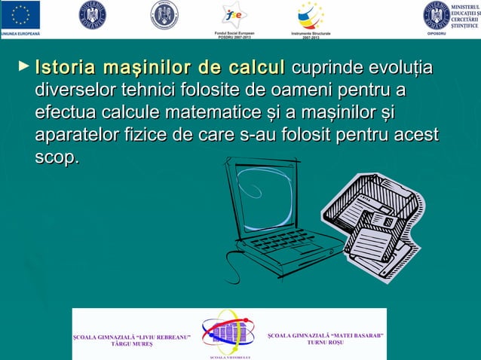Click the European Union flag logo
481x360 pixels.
point(21,14)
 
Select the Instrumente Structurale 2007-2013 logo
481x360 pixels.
point(311,14)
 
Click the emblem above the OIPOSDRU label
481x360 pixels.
point(436,14)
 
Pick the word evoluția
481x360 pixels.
point(403,69)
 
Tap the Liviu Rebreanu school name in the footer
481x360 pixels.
point(131,338)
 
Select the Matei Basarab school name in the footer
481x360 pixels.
point(326,337)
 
